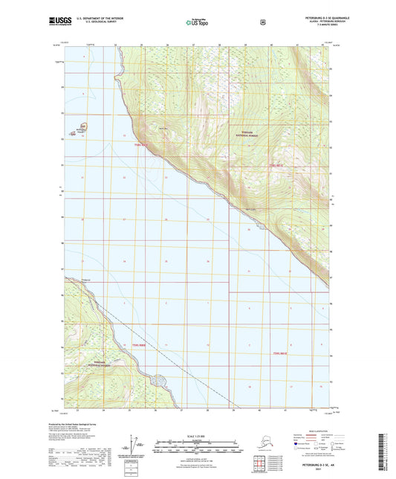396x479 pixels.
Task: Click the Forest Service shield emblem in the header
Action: coord(262,22)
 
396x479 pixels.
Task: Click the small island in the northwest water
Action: coord(84,128)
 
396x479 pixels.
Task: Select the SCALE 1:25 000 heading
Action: coord(197,434)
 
